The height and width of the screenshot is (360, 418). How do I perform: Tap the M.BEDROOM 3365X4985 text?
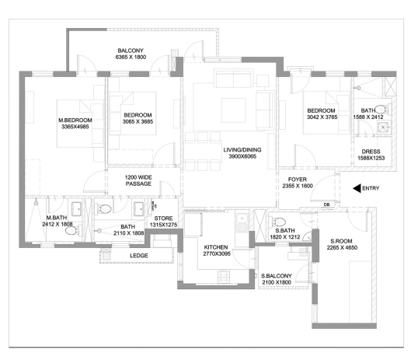pos(76,124)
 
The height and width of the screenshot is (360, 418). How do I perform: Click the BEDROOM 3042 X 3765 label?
pos(321,114)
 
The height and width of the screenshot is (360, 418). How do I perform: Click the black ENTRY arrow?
pos(357,188)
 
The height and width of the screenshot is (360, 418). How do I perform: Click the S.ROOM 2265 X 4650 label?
pos(342,245)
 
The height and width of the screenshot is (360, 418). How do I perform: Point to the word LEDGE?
pos(139,254)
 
